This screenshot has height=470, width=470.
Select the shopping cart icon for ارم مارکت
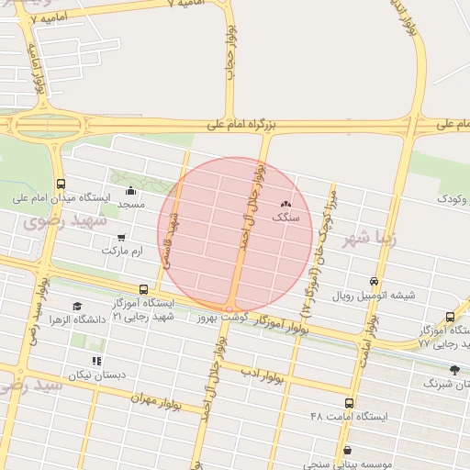point(120,238)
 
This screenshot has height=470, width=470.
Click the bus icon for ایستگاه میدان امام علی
point(61,184)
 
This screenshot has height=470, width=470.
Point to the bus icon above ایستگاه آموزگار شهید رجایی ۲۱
point(142,288)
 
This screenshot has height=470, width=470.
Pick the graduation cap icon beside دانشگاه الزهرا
point(76,307)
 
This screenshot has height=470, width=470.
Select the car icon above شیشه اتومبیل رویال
point(374,282)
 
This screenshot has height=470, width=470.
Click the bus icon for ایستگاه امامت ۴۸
point(349,403)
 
